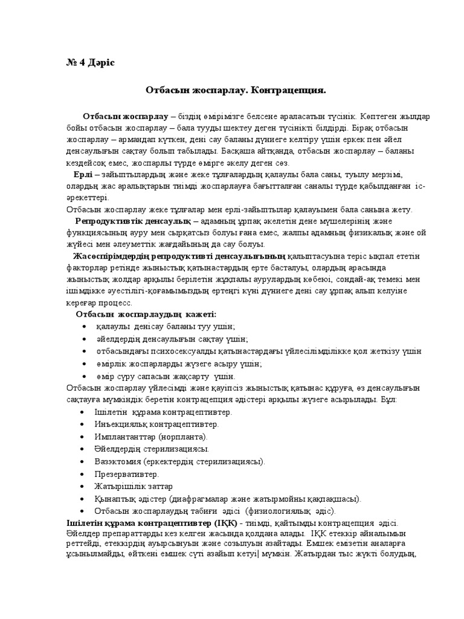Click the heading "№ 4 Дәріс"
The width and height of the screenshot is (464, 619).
pos(88,63)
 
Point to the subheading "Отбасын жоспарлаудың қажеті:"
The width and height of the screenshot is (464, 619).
pos(146,314)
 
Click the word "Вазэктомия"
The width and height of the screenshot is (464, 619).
pos(115,462)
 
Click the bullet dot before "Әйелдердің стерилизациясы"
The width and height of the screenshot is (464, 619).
pos(82,449)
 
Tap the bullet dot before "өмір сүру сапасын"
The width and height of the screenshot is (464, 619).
pos(82,376)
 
